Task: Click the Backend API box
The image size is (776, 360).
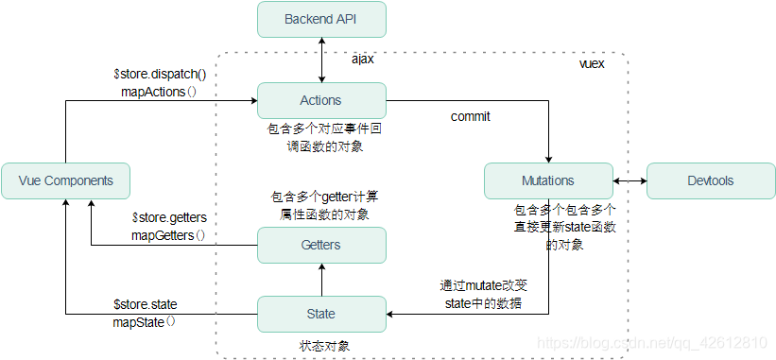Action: click(321, 19)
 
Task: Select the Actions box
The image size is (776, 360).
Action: click(321, 100)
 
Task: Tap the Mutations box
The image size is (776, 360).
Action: click(548, 180)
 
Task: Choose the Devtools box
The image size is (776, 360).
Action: click(710, 180)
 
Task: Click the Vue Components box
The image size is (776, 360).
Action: click(65, 180)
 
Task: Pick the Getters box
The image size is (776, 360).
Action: click(321, 245)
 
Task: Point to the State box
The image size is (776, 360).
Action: click(321, 314)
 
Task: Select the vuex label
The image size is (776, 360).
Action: click(591, 64)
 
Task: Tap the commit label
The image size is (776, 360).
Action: click(470, 117)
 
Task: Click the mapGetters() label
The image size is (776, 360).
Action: click(167, 234)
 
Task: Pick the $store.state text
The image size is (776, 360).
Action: click(146, 304)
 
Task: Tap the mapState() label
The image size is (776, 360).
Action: click(146, 321)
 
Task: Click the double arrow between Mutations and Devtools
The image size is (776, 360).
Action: click(629, 180)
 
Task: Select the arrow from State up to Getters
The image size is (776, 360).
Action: click(321, 280)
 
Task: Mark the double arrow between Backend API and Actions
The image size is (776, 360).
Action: click(321, 60)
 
